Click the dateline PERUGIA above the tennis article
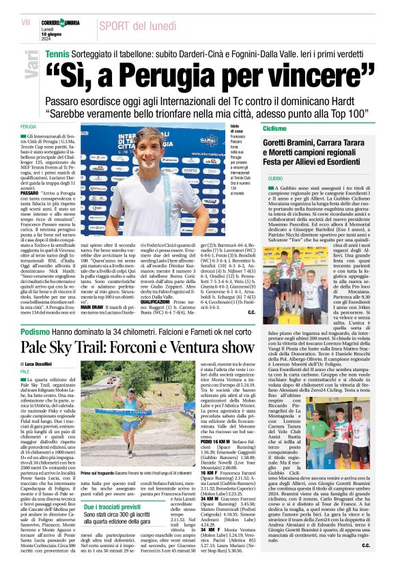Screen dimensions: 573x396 click(x=28, y=127)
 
